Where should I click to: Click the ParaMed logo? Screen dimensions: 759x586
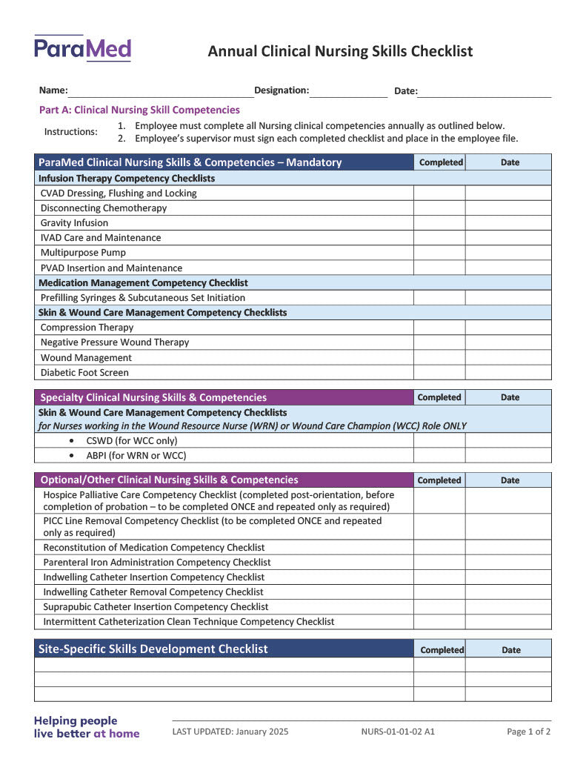coord(82,49)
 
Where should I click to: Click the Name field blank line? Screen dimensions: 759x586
coord(160,92)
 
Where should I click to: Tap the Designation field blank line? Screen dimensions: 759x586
coord(348,92)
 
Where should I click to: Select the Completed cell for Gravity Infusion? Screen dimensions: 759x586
coord(439,223)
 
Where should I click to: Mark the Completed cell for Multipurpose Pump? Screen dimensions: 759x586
coord(439,253)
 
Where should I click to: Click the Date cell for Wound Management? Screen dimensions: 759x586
coord(508,357)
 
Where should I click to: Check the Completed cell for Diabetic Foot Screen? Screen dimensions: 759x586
coord(439,373)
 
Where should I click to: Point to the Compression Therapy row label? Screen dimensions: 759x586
coord(87,328)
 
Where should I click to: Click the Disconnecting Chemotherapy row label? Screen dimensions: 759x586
coord(104,208)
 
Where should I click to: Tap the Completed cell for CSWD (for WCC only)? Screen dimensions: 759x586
coord(439,440)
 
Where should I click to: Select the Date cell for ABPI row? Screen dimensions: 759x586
coord(508,456)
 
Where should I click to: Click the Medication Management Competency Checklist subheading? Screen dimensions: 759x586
coord(143,283)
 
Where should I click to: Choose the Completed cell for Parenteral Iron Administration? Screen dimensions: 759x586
coord(439,563)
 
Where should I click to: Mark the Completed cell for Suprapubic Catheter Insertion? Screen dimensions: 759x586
coord(439,607)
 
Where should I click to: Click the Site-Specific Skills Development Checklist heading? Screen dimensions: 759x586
coord(153,649)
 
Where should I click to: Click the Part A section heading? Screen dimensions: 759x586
coord(139,110)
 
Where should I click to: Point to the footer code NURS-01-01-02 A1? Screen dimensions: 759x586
coord(398,732)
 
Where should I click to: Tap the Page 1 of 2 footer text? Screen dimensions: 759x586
coord(528,732)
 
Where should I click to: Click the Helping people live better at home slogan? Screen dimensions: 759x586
coord(87,727)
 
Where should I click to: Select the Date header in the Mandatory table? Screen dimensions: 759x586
coord(510,162)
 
